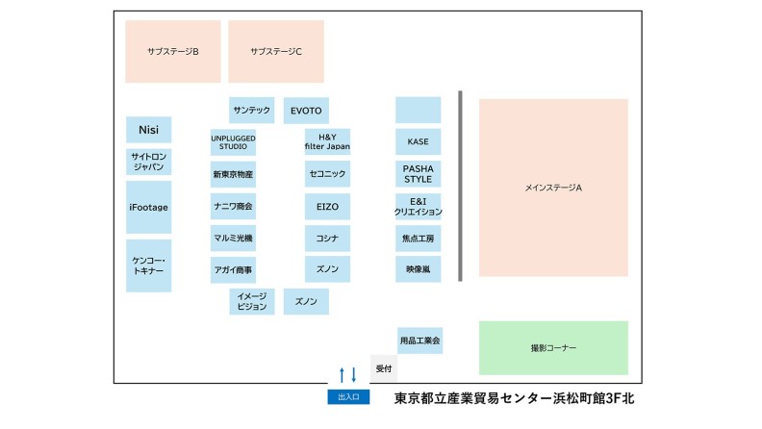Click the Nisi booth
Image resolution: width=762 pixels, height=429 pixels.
149,130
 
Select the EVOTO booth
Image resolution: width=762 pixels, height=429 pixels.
306,111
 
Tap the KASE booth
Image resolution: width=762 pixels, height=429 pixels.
418,141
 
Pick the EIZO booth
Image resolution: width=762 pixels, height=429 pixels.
327,207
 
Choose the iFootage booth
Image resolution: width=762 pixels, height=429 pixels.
149,208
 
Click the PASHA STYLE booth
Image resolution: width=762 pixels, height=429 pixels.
418,174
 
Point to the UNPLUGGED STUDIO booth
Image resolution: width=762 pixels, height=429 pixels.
233,142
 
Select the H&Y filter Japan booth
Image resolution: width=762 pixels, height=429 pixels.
327,141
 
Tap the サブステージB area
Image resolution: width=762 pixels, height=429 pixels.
173,52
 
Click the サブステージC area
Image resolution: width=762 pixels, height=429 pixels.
276,52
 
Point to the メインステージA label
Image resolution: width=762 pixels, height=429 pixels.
553,188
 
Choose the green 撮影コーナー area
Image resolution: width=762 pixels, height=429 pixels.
553,348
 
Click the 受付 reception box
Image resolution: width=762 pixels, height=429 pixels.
384,368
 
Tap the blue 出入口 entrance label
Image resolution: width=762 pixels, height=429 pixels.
348,397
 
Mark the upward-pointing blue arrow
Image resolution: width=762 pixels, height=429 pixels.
343,374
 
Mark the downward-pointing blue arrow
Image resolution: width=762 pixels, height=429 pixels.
354,374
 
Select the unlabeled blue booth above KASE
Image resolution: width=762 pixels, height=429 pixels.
418,110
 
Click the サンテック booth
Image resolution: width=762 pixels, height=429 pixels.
252,111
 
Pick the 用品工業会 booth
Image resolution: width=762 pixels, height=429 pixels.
419,341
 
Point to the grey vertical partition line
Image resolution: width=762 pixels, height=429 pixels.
460,186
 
